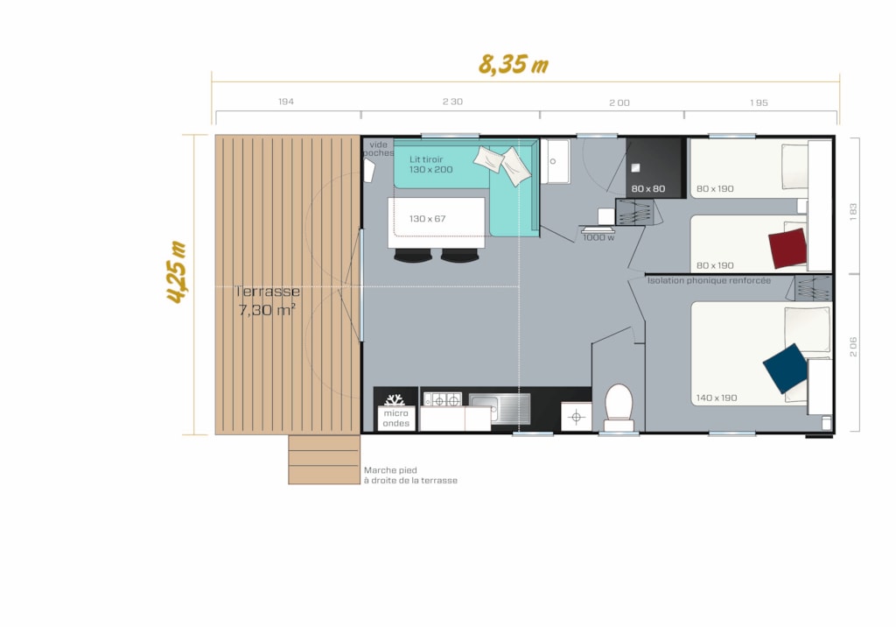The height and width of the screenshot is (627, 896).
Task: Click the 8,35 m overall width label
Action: point(513,64)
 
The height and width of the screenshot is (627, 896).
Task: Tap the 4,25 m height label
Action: point(177,271)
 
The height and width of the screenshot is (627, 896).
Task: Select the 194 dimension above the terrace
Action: point(286,102)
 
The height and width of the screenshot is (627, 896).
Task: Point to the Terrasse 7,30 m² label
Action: point(268,300)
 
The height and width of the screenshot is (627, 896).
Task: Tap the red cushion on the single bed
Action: point(787,248)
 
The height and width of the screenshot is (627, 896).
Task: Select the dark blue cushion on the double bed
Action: point(785,368)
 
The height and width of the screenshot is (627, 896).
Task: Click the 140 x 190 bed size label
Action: point(716,398)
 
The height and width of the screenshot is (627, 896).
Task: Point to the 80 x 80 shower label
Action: point(648,189)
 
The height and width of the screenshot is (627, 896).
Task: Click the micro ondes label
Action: point(396,419)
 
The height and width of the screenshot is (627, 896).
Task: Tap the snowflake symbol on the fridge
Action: point(395,399)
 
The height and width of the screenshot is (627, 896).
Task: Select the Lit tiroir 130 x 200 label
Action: point(430,164)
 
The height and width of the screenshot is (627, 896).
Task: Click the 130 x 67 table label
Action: point(427,219)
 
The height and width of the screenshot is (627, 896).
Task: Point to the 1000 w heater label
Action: point(598,237)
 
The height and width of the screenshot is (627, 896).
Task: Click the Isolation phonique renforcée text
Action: point(709,280)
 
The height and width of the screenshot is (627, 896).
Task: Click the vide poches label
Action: point(378,149)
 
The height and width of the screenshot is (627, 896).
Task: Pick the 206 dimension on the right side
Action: point(853,347)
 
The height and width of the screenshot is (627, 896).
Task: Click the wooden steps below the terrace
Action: point(324,460)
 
